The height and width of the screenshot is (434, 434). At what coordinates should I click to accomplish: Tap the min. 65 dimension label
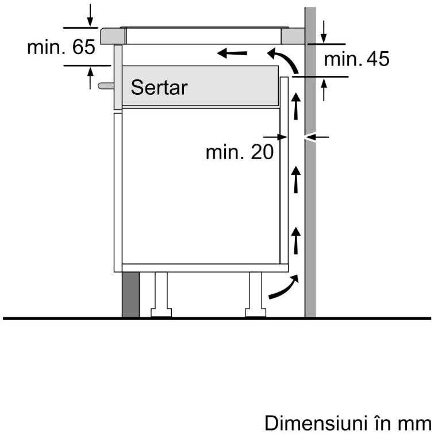(61, 47)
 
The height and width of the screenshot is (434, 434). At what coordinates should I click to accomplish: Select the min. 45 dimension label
(356, 59)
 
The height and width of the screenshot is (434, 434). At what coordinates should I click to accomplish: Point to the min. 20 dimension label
(239, 152)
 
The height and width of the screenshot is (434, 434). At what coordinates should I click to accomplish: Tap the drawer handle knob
(105, 86)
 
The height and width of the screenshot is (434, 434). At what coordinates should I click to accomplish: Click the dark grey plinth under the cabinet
(130, 294)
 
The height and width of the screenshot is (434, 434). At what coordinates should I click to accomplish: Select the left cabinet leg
(160, 294)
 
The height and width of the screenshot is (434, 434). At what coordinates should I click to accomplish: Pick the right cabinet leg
(256, 294)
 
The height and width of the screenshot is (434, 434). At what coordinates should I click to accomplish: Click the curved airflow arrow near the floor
(284, 288)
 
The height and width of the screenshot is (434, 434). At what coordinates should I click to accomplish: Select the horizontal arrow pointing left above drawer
(232, 54)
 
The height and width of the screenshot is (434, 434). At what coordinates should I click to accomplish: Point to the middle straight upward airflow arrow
(296, 178)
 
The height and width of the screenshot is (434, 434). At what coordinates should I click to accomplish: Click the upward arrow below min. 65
(90, 77)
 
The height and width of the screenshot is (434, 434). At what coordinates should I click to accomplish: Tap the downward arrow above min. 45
(324, 32)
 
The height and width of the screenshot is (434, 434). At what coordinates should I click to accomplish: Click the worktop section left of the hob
(113, 36)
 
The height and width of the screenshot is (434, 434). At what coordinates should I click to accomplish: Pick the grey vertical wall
(310, 201)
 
